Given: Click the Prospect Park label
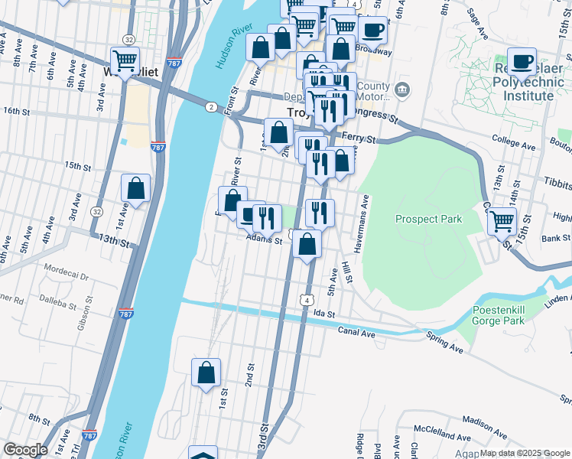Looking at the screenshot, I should (428, 219).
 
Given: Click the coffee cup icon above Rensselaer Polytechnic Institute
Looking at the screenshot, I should (523, 61).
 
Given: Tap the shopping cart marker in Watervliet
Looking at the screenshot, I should (125, 59).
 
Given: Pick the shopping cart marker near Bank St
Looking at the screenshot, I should (501, 221).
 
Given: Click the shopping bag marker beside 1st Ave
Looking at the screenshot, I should (135, 189).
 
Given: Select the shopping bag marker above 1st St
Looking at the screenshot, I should (206, 373).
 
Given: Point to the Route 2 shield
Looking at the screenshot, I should (210, 106).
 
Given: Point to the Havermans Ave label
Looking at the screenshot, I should (366, 212).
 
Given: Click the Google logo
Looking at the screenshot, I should (25, 450).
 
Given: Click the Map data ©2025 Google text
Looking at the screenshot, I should (524, 453).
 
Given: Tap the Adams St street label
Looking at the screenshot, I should (265, 239).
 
